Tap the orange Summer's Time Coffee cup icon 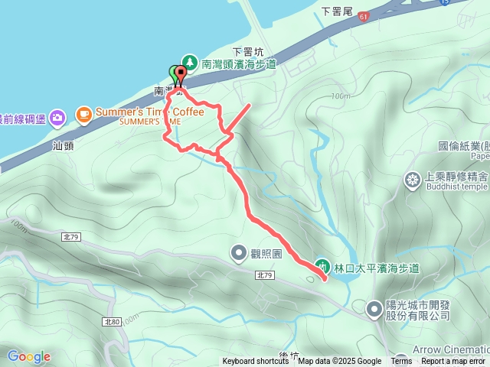click(83, 115)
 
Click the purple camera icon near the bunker click(57, 118)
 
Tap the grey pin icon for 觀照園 click(239, 252)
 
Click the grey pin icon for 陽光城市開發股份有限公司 click(374, 309)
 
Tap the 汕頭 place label click(63, 144)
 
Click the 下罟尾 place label click(336, 12)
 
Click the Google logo click(28, 356)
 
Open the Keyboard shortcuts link click(256, 362)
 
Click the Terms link click(401, 362)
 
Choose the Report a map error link click(454, 362)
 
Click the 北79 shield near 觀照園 click(265, 275)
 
